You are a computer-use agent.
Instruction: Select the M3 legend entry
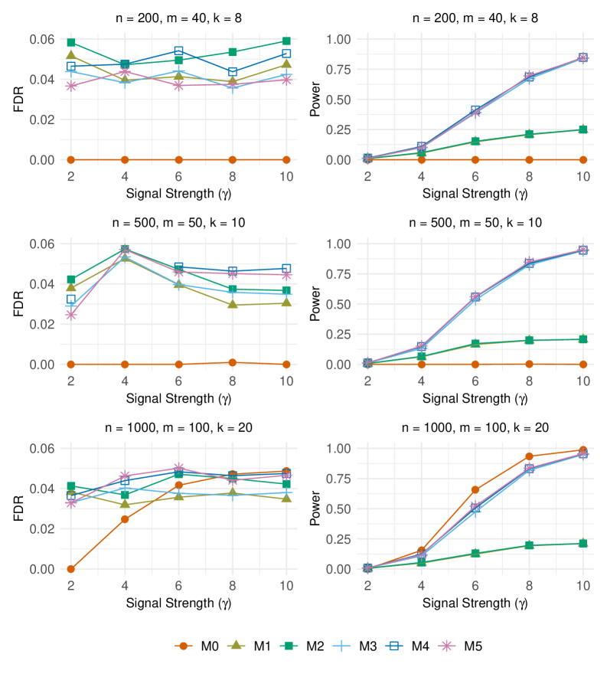[360, 646]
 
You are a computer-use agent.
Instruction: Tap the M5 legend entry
[465, 646]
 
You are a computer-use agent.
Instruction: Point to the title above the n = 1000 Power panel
[475, 427]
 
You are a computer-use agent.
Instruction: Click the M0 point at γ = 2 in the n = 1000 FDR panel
[70, 569]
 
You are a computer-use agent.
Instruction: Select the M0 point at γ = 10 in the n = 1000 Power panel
[583, 450]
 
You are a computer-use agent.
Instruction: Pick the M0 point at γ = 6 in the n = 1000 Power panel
[475, 489]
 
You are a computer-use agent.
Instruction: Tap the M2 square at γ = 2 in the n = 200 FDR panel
[70, 42]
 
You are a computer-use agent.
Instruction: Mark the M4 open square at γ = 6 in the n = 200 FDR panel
[178, 51]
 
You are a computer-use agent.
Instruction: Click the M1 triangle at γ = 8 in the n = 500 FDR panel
[233, 305]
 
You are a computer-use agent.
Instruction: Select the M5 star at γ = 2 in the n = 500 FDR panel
[70, 315]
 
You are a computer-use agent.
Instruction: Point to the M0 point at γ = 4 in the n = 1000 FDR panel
[125, 519]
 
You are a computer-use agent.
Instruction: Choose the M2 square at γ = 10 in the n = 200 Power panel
[583, 129]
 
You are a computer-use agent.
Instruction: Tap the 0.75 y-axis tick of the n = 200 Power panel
[339, 70]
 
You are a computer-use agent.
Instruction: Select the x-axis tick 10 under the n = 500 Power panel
[583, 381]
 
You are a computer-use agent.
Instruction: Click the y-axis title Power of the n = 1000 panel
[314, 509]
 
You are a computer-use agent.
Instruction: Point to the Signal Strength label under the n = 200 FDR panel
[178, 194]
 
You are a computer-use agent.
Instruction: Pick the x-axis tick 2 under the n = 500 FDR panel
[70, 381]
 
